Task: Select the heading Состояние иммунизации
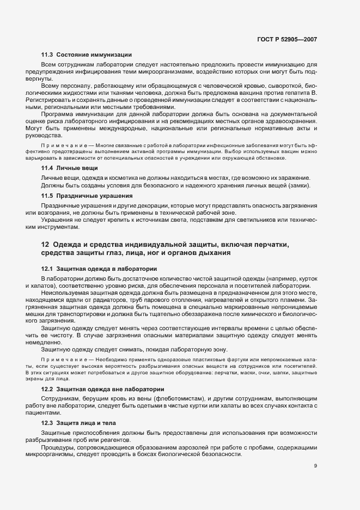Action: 93,56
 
